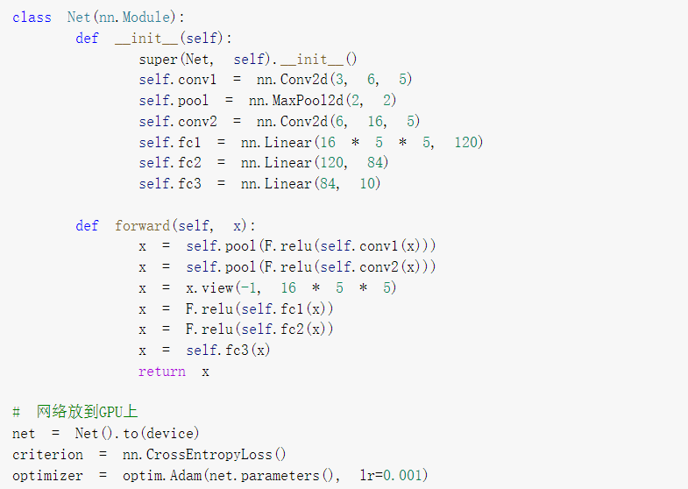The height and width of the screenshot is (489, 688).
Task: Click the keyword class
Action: tap(32, 18)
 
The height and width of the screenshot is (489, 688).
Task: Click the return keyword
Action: tap(161, 372)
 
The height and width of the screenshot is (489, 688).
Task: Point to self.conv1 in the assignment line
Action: tap(178, 80)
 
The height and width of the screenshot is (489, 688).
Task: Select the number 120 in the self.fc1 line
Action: tap(466, 142)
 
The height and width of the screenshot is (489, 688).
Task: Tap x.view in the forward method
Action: tap(209, 288)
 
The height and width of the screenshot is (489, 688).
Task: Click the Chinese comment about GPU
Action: tap(87, 413)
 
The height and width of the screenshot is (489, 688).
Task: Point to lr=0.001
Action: tap(393, 476)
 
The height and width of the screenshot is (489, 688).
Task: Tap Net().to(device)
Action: tap(137, 434)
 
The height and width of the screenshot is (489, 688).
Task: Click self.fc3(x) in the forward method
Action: tap(228, 351)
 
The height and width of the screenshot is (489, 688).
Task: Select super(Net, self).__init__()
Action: tap(248, 59)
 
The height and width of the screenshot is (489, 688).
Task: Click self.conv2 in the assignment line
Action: tap(178, 121)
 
